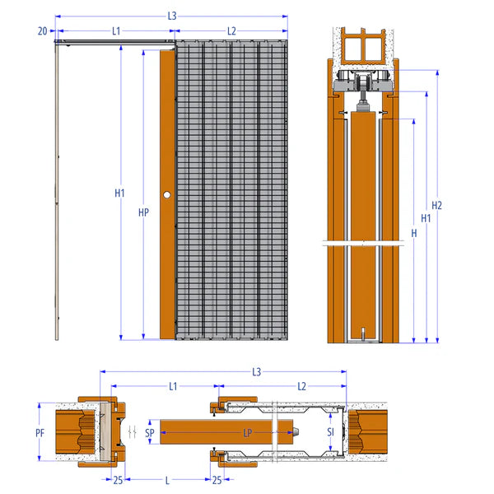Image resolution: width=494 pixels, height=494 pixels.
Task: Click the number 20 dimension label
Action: [42, 31]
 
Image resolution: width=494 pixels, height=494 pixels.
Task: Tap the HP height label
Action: [143, 212]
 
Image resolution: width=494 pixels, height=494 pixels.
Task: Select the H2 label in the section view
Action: [436, 205]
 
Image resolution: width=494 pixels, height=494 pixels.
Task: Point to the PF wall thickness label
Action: [40, 433]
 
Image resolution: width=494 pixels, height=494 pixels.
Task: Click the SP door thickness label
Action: [150, 433]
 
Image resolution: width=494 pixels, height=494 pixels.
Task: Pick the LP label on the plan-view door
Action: [248, 433]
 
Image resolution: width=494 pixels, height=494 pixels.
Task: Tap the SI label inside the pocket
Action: [330, 431]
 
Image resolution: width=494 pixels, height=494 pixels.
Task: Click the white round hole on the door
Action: [167, 194]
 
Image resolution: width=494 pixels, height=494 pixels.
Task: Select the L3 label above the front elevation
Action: [172, 16]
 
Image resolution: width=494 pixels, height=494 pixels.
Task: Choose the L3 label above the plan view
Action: [257, 372]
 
